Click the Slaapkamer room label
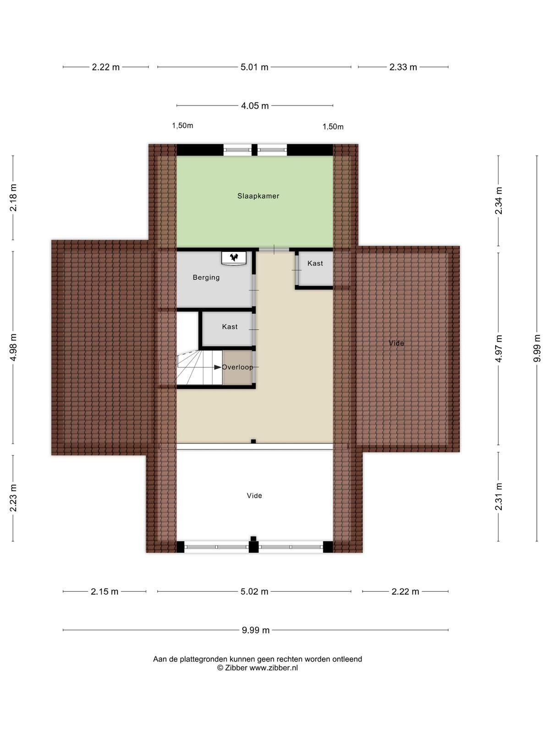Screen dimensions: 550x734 (258, 196)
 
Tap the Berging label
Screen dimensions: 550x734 (206, 277)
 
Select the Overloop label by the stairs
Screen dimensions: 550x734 (237, 367)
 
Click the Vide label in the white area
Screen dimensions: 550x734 (254, 495)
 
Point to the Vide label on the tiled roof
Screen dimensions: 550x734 (396, 343)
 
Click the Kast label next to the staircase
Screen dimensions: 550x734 (230, 327)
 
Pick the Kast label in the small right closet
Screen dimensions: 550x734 (315, 263)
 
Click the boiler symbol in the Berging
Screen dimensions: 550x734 (234, 257)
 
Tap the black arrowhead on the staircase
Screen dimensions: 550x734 (217, 367)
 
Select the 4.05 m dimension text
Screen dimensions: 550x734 (255, 106)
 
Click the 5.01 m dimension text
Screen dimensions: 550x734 (254, 67)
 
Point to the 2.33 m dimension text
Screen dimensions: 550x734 (403, 67)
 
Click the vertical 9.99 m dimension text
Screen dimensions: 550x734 (537, 348)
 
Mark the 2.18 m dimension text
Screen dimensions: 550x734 (13, 198)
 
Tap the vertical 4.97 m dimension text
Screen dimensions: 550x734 (499, 349)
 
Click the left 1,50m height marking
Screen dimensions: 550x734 (182, 126)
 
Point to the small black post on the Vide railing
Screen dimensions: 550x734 (253, 441)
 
